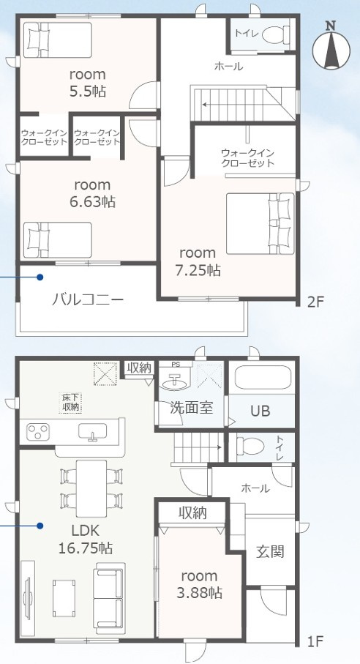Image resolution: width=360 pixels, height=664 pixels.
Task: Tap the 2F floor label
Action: pyautogui.click(x=315, y=301)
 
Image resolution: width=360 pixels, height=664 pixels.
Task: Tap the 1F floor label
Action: pyautogui.click(x=315, y=642)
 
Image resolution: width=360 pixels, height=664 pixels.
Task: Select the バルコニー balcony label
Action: pyautogui.click(x=87, y=299)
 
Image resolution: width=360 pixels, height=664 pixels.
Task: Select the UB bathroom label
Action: pyautogui.click(x=260, y=411)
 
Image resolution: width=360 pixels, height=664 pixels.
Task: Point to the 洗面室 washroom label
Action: pyautogui.click(x=192, y=407)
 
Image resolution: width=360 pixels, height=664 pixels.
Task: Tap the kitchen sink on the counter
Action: pyautogui.click(x=93, y=432)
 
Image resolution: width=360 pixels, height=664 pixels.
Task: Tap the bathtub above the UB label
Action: pyautogui.click(x=263, y=378)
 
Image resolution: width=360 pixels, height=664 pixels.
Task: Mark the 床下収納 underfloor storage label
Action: pyautogui.click(x=71, y=401)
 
